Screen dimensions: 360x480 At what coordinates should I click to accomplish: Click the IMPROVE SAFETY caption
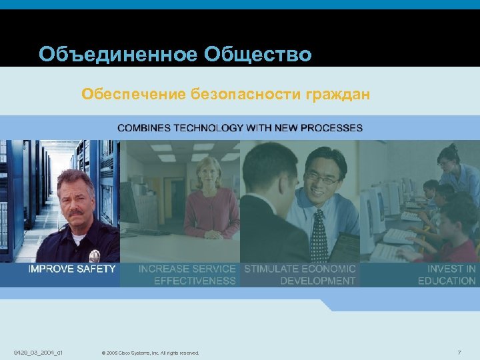click(x=72, y=269)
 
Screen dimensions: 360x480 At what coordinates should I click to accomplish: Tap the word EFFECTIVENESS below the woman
click(x=195, y=281)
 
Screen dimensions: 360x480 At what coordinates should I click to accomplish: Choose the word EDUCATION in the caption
click(x=447, y=281)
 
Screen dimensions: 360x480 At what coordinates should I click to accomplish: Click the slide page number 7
click(x=459, y=351)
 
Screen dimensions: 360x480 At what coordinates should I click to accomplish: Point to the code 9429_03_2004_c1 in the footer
click(x=37, y=351)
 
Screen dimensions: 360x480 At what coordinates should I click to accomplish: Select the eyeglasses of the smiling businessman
click(x=321, y=177)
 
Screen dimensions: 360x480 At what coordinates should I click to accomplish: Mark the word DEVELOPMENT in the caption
click(x=318, y=281)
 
